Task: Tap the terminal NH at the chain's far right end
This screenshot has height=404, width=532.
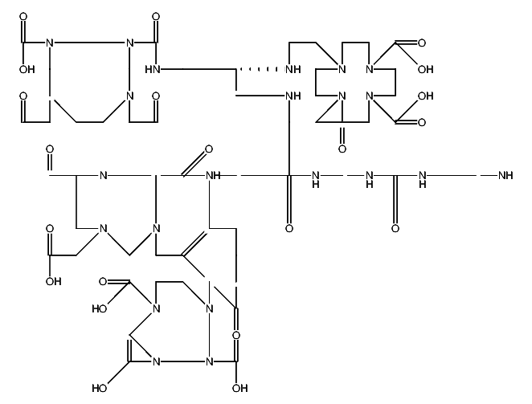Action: [505, 175]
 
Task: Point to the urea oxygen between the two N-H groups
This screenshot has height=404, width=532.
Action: [395, 229]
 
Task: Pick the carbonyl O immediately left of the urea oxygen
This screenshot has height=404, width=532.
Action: [289, 229]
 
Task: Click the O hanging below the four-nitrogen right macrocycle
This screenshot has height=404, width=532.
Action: [342, 149]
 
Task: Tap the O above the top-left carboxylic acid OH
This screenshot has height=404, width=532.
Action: [23, 16]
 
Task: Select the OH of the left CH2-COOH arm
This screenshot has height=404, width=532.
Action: [53, 282]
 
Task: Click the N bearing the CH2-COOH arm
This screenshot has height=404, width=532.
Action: [103, 229]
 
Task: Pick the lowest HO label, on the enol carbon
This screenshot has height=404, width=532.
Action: [100, 389]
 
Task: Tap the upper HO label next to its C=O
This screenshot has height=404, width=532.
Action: [100, 308]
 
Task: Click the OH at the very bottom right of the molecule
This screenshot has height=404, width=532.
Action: [239, 389]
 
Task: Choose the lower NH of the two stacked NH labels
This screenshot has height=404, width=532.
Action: [293, 96]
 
